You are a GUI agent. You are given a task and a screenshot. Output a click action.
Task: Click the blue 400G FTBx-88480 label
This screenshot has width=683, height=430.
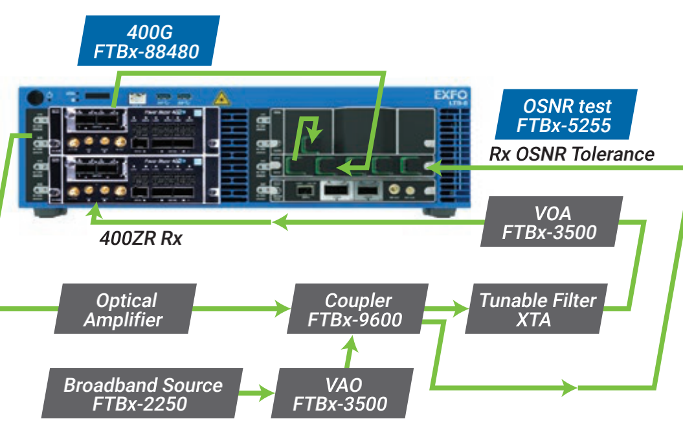[x=148, y=40]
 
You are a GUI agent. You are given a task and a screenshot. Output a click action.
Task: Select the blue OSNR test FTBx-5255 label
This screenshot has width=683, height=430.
[x=565, y=115]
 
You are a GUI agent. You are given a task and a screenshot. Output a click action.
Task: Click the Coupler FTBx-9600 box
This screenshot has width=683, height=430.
[x=358, y=310]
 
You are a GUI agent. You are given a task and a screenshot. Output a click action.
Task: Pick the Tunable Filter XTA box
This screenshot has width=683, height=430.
[x=537, y=310]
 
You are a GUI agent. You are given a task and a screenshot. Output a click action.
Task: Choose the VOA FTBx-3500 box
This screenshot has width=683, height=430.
[x=551, y=221]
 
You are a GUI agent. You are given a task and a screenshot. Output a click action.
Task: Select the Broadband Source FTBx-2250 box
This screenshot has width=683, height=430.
[x=142, y=394]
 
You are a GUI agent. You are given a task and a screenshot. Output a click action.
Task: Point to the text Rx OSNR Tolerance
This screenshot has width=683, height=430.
[x=571, y=154]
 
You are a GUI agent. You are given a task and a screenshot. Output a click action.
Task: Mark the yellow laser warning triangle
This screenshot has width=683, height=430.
[x=221, y=99]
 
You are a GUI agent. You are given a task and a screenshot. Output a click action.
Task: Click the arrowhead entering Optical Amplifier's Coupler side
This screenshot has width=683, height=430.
[x=283, y=310]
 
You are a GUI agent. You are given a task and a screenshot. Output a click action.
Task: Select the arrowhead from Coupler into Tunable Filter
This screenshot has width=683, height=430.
[x=461, y=310]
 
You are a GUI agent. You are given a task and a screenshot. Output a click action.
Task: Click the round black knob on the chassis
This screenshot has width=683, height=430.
[x=36, y=97]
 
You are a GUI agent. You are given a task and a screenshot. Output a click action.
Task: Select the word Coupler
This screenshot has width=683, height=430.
[x=359, y=300]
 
